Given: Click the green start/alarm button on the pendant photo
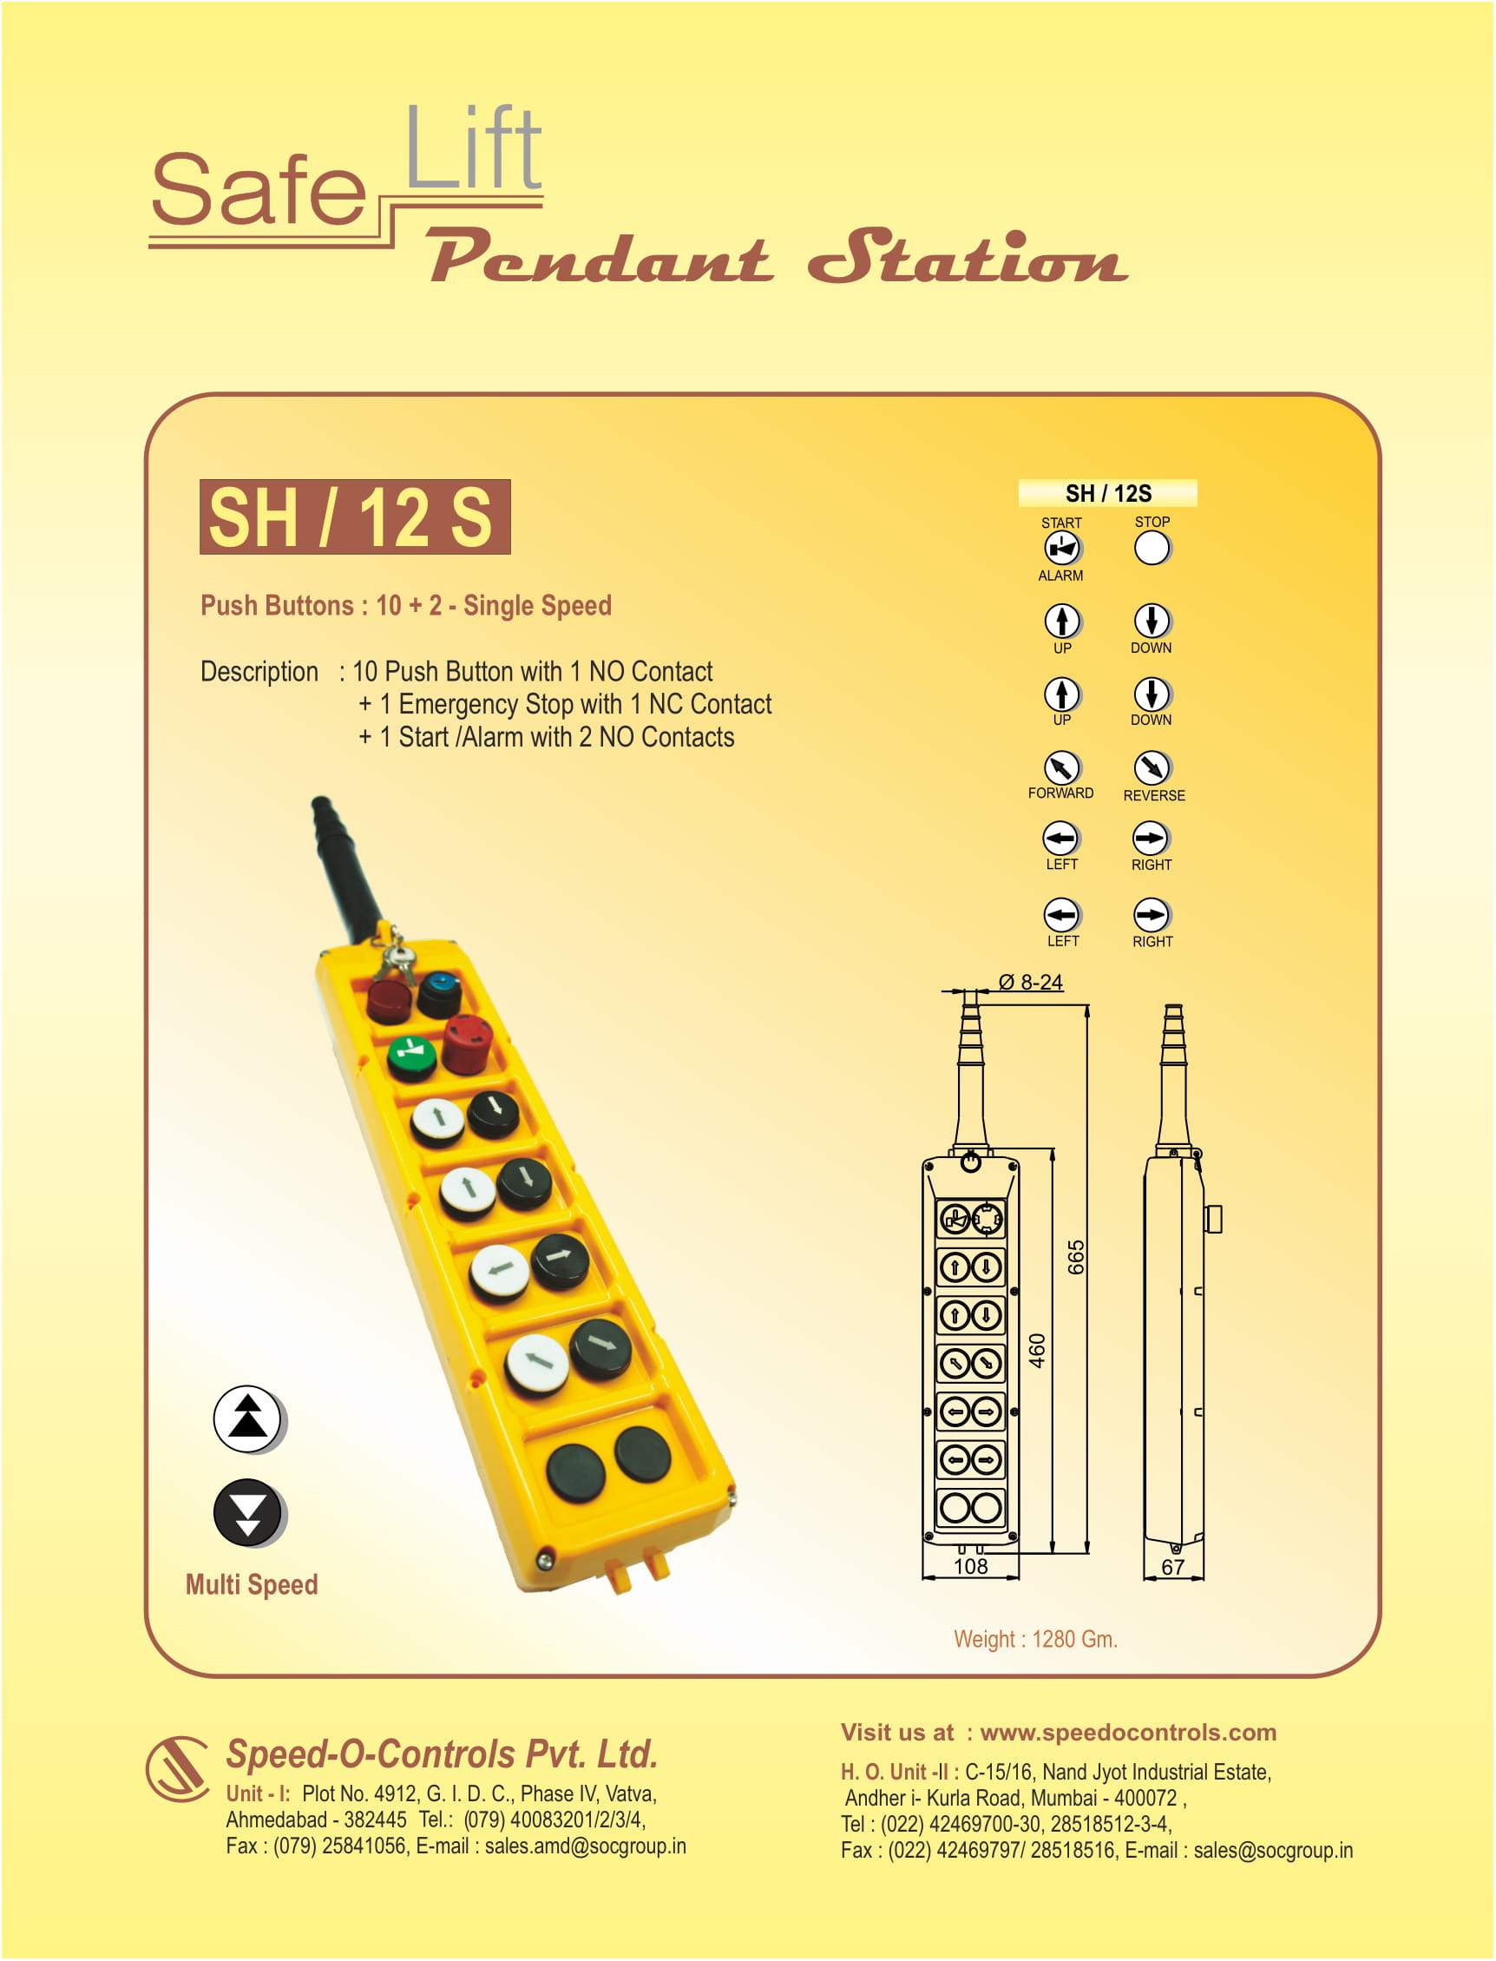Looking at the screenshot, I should point(411,1056).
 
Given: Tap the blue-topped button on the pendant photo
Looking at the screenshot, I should point(439,991).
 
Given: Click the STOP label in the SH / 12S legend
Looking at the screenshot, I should point(1152,522).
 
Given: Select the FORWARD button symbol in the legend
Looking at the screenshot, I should point(1061,767).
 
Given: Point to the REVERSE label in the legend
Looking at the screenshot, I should point(1153,795).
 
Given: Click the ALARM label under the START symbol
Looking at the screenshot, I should point(1060,576).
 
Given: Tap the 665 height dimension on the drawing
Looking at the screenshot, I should point(1076,1257).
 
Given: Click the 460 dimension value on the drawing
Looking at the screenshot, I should point(1036,1350).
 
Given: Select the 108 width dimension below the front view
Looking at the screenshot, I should point(970,1566).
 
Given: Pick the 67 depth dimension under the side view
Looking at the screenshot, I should point(1171,1567).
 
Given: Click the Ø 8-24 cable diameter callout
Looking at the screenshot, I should point(1030,982).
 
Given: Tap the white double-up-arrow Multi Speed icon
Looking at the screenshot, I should point(247,1418).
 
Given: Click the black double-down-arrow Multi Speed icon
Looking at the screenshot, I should point(247,1512).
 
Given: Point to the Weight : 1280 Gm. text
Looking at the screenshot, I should point(1034,1639).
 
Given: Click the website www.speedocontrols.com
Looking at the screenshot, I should point(1127,1732).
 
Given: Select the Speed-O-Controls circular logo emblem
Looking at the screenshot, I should point(177,1768).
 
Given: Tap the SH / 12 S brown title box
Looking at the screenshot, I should point(354,517).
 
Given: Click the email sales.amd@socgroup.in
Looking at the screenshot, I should point(584,1846).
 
